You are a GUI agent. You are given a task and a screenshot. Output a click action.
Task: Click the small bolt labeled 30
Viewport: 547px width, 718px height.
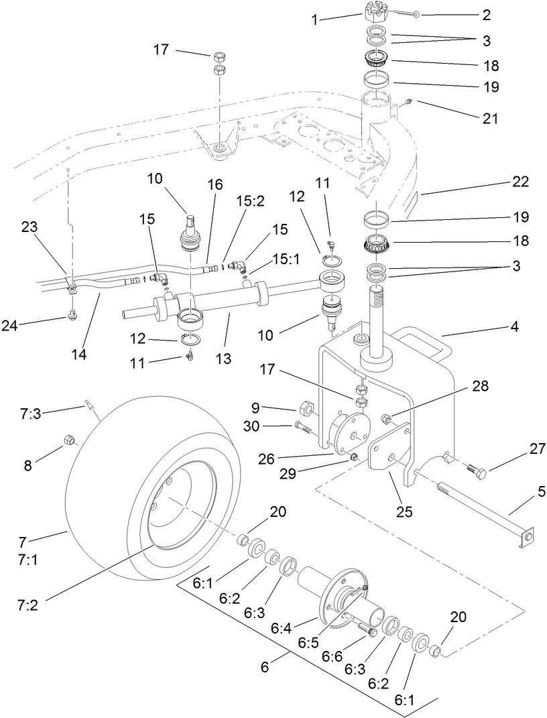(x=302, y=426)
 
